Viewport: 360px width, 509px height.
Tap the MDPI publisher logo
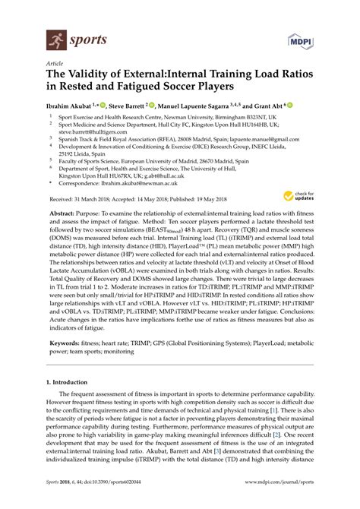click(300, 38)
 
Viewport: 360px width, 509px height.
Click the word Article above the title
click(55, 66)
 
